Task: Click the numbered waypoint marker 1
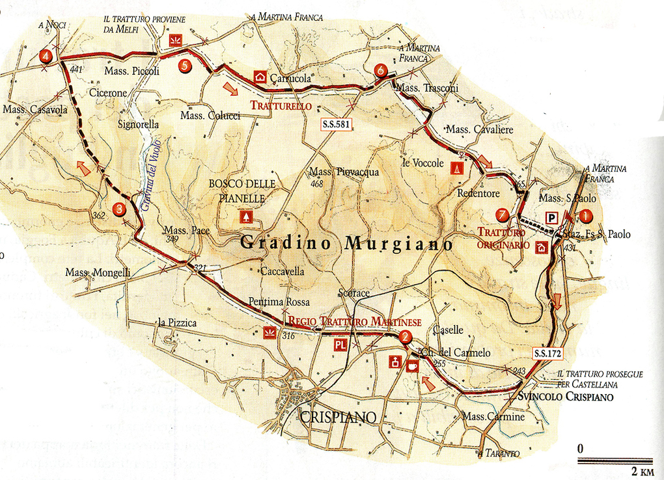(x=586, y=216)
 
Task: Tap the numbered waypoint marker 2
(x=406, y=337)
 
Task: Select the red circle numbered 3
(x=119, y=209)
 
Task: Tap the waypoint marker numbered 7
(x=501, y=215)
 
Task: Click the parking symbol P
(x=552, y=218)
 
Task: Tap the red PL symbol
(x=340, y=345)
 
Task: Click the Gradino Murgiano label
(x=346, y=245)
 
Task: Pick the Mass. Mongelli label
(x=98, y=273)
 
